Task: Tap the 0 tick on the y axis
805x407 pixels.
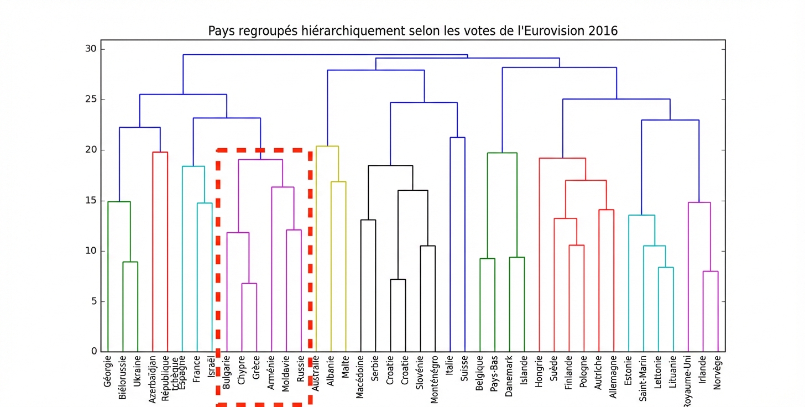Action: coord(93,352)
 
